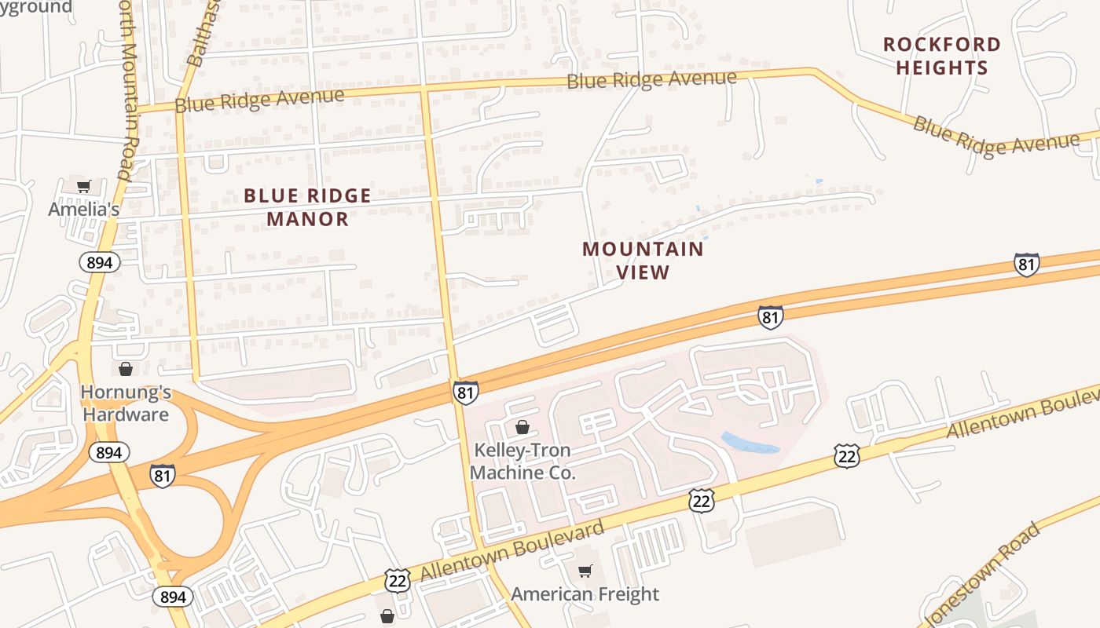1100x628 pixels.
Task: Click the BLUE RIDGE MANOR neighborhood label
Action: pyautogui.click(x=307, y=207)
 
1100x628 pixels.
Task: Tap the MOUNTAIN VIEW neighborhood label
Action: pyautogui.click(x=643, y=261)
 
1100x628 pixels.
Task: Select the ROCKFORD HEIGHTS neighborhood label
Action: pyautogui.click(x=942, y=56)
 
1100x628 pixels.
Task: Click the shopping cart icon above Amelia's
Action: pyautogui.click(x=84, y=186)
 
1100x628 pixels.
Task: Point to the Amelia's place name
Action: pyautogui.click(x=84, y=209)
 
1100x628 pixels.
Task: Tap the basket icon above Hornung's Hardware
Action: pyautogui.click(x=126, y=368)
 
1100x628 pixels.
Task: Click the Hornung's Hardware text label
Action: pyautogui.click(x=126, y=403)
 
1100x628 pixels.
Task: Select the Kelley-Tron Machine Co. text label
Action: pyautogui.click(x=522, y=462)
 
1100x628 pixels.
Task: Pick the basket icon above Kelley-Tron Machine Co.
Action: pyautogui.click(x=522, y=427)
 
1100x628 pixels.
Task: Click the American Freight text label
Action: pyautogui.click(x=585, y=594)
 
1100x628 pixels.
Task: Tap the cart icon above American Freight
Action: pyautogui.click(x=585, y=571)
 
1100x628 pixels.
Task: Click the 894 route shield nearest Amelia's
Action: pyautogui.click(x=100, y=262)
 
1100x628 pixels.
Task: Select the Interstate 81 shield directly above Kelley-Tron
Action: pyautogui.click(x=465, y=392)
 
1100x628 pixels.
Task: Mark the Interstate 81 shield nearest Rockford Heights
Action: pyautogui.click(x=1026, y=265)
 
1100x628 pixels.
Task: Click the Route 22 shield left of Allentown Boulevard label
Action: pyautogui.click(x=398, y=580)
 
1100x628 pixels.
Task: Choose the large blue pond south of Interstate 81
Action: pyautogui.click(x=749, y=443)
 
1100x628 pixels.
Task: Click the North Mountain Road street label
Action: pyautogui.click(x=127, y=86)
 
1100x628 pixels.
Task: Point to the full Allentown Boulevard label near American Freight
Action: pyautogui.click(x=512, y=550)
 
